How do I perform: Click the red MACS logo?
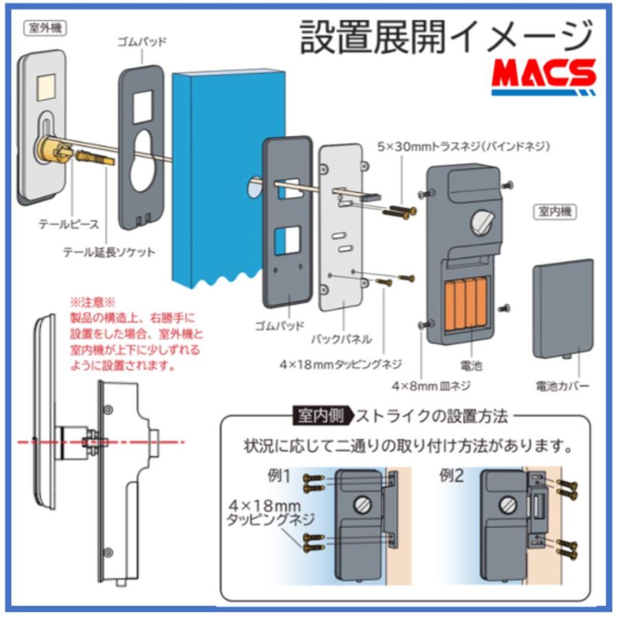(543, 76)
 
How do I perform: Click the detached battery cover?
(562, 309)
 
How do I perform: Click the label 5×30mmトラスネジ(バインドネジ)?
(464, 146)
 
